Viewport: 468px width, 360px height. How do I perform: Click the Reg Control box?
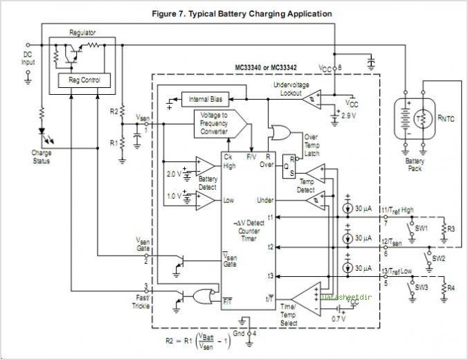[84, 80]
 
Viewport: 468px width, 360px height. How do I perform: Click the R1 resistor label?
[114, 142]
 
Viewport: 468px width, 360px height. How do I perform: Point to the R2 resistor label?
[114, 111]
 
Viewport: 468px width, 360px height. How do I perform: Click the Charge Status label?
[42, 156]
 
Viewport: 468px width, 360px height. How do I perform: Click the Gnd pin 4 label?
[246, 334]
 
